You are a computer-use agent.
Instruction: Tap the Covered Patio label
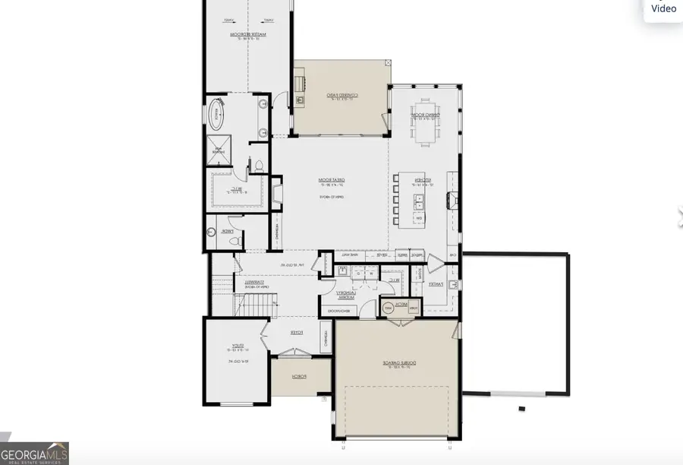[x=341, y=96]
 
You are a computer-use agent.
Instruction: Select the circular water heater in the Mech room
[x=388, y=307]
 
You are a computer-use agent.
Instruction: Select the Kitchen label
[x=423, y=181]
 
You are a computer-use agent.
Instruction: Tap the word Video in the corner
[x=663, y=8]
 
